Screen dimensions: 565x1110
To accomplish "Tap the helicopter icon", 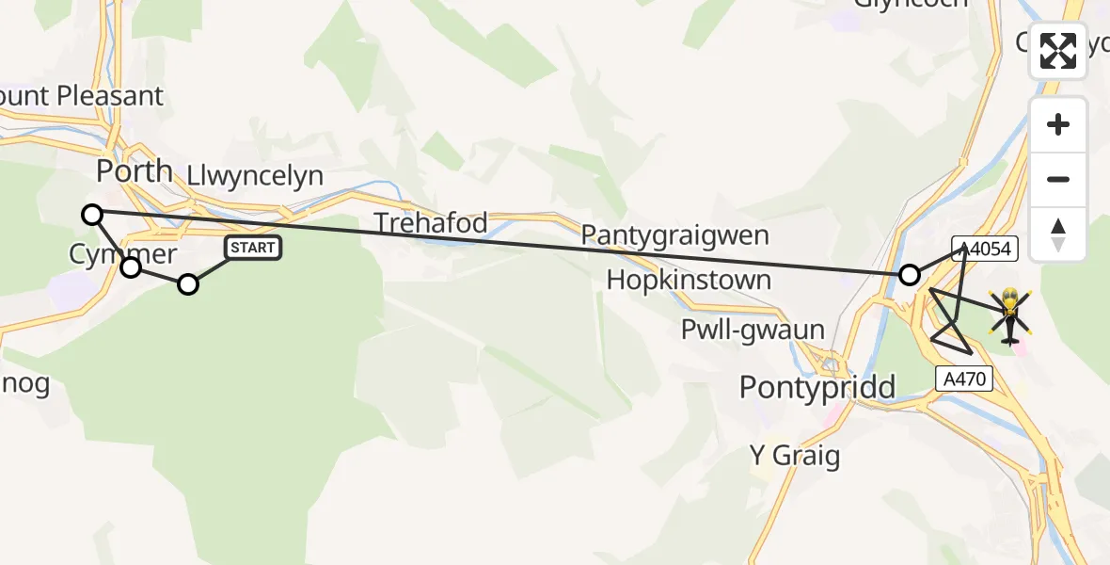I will pyautogui.click(x=1009, y=315).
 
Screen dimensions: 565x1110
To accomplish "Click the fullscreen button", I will pyautogui.click(x=1058, y=51).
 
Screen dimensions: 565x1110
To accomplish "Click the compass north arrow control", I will pyautogui.click(x=1058, y=234).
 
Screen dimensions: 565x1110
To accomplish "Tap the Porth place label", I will pyautogui.click(x=135, y=170).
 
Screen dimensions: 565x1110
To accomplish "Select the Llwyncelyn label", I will pyautogui.click(x=255, y=175).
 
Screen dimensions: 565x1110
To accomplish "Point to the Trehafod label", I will pyautogui.click(x=431, y=223).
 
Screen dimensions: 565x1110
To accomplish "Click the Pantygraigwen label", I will pyautogui.click(x=675, y=234).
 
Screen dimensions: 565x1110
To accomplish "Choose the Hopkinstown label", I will pyautogui.click(x=689, y=280).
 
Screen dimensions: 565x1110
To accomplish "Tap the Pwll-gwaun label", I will pyautogui.click(x=753, y=330).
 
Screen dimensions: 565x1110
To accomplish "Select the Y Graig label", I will pyautogui.click(x=794, y=456).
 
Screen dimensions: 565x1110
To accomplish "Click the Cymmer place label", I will pyautogui.click(x=122, y=254).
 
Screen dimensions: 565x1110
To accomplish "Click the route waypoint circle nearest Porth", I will pyautogui.click(x=92, y=215).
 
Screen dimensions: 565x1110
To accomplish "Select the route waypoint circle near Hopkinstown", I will pyautogui.click(x=910, y=275).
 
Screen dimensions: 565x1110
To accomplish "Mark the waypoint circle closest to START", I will pyautogui.click(x=188, y=284).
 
